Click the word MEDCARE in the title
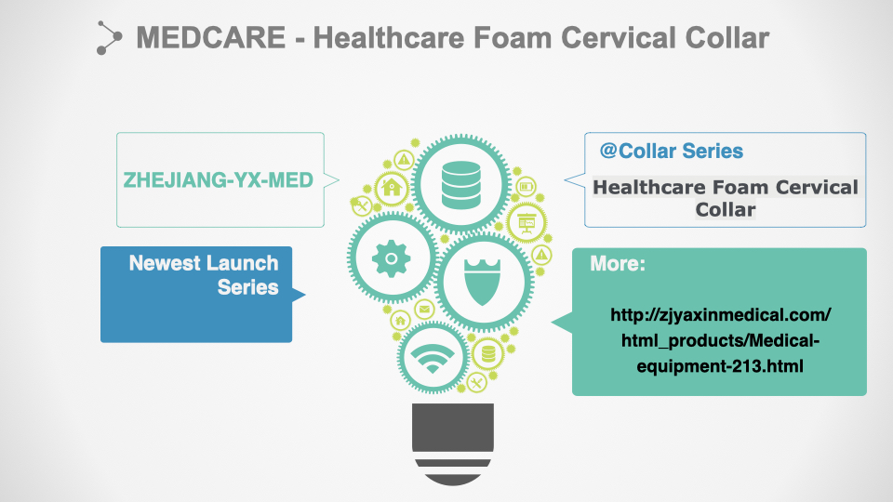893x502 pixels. (211, 38)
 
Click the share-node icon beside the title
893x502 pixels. (109, 38)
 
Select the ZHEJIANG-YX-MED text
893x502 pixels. (219, 179)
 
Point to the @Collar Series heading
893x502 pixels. (672, 151)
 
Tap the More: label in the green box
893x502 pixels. (618, 263)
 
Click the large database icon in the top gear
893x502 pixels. (460, 185)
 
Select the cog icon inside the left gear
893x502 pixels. (392, 258)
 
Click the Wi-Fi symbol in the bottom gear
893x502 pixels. (433, 358)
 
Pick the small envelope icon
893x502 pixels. (424, 309)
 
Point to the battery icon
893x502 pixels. (526, 187)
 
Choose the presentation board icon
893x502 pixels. (526, 222)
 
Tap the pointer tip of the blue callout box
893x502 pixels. (305, 295)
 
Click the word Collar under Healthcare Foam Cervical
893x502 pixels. (726, 209)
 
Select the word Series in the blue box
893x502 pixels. (247, 287)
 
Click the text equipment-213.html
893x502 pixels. (720, 366)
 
